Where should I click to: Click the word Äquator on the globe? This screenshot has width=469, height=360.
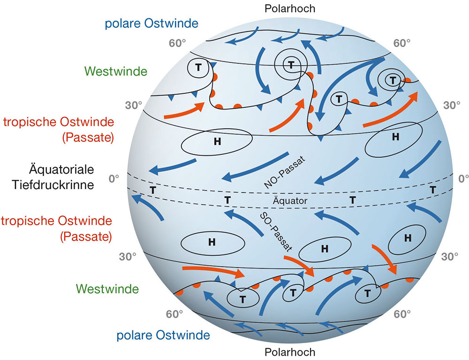coord(289,201)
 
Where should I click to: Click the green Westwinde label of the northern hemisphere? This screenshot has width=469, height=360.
coord(116,71)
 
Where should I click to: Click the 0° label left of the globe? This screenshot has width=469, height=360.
coord(114,179)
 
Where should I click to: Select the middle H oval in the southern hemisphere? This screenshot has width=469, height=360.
coord(324,249)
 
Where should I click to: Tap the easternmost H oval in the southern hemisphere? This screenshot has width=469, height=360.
coord(408,237)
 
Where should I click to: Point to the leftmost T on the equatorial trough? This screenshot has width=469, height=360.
coord(152,190)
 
